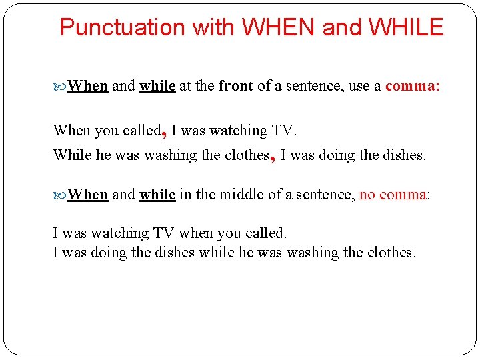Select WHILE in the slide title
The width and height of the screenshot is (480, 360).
[405, 27]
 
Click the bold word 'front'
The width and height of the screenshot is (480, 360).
[236, 86]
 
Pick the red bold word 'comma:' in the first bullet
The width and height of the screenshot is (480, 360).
[412, 86]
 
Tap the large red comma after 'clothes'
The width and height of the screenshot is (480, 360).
[273, 157]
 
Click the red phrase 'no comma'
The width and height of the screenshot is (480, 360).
[393, 195]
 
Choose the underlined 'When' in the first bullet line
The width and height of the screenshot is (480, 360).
[88, 86]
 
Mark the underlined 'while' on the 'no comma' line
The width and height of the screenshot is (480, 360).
[157, 195]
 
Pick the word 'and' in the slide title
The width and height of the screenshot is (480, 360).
[342, 27]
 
